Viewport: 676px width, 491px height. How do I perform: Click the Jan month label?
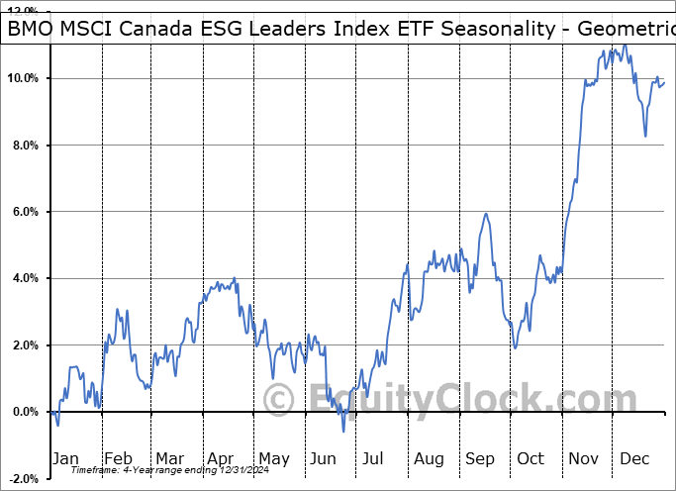tap(65, 458)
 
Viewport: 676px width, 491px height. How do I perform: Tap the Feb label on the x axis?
tap(118, 458)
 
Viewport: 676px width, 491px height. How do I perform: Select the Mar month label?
tap(169, 458)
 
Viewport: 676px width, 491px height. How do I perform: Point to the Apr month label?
tap(221, 458)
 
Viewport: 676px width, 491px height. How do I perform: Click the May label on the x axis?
tap(274, 458)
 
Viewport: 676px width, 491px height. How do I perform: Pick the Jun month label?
tap(325, 458)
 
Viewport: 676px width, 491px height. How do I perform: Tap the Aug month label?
tap(430, 458)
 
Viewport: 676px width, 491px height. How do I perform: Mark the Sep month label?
tap(481, 458)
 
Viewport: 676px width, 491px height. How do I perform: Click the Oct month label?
tap(531, 458)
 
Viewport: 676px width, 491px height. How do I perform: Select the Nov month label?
tap(584, 458)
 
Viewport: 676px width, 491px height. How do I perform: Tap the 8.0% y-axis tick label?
tap(25, 146)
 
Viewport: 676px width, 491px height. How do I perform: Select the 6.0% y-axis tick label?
tap(25, 212)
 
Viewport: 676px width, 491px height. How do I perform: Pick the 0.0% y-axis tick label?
tap(25, 412)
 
